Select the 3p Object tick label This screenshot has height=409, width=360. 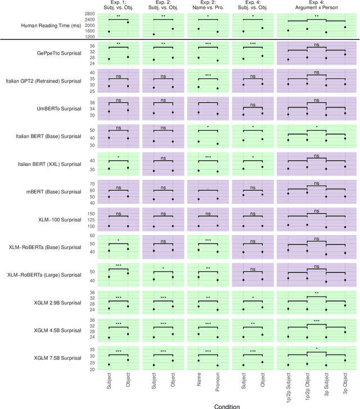(x=345, y=385)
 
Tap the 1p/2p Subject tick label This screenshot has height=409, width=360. (x=288, y=388)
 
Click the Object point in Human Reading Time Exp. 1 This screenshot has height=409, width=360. (x=128, y=22)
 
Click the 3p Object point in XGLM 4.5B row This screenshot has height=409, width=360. (x=345, y=332)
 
